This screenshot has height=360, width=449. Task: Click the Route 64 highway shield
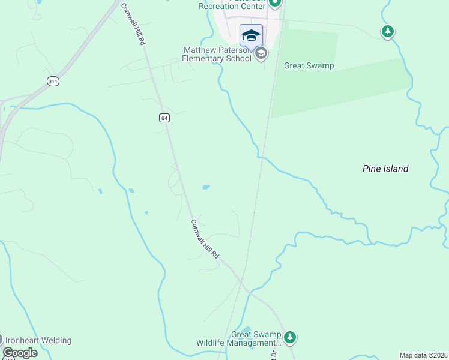tap(164, 118)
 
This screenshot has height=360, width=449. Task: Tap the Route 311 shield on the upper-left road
tap(53, 81)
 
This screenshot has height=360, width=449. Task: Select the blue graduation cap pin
tap(251, 35)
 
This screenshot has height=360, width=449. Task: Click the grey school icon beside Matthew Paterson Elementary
tap(261, 54)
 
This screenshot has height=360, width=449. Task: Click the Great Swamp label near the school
tap(309, 65)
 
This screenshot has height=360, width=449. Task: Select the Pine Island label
tap(385, 169)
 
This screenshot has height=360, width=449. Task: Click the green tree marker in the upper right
tap(388, 31)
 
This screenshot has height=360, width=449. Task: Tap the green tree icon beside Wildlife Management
tap(291, 338)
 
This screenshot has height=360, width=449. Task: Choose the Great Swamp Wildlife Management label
tap(239, 339)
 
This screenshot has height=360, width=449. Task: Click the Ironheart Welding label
tap(39, 341)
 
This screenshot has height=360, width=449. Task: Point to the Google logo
tap(19, 353)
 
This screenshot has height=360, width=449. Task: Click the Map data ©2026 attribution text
tap(423, 355)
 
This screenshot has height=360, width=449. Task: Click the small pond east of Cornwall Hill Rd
tap(206, 187)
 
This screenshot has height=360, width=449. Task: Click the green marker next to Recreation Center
tap(275, 3)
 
